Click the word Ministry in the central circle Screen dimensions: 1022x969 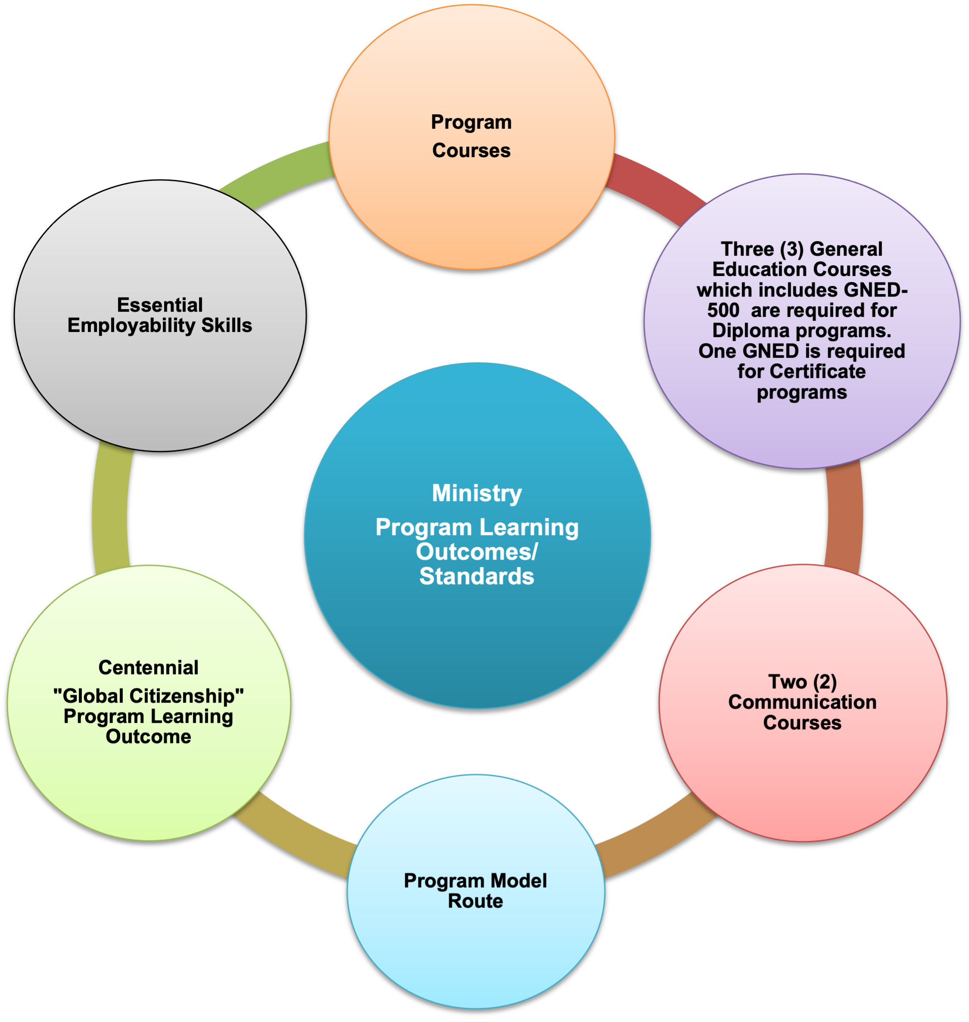476,493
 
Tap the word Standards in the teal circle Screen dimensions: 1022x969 476,576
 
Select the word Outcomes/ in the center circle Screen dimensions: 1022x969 476,551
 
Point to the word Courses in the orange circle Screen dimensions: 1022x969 471,151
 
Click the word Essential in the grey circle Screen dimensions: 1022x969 160,305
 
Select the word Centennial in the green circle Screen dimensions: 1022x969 148,668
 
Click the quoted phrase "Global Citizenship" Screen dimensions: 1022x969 148,696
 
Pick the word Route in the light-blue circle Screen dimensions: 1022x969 475,901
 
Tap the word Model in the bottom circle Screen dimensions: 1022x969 518,880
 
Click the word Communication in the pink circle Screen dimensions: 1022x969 802,702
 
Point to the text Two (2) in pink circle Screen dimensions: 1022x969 802,681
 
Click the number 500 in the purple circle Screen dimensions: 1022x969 723,310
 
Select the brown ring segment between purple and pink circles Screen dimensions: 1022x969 845,517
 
